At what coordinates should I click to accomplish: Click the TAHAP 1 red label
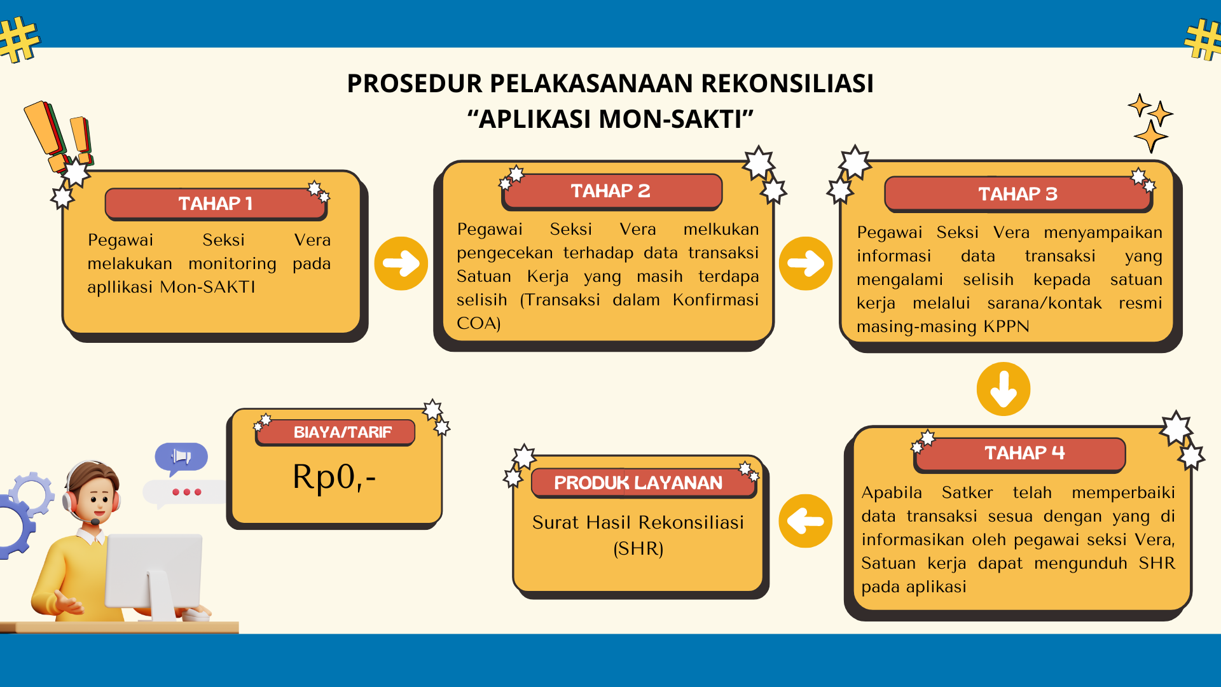click(x=216, y=204)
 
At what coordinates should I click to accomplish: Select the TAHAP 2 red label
click(x=611, y=191)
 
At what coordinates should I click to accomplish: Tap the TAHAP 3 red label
click(x=1018, y=194)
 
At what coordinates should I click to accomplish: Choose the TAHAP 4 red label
click(x=1019, y=454)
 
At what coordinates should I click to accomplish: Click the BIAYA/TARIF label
click(x=335, y=433)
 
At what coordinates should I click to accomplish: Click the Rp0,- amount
click(x=334, y=477)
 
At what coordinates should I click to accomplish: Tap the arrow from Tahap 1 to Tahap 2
click(x=401, y=263)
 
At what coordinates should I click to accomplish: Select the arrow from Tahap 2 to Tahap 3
click(x=806, y=263)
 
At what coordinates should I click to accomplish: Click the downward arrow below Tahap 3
click(x=1004, y=389)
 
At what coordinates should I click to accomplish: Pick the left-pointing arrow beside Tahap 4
click(x=806, y=521)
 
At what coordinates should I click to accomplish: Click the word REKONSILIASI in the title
click(x=787, y=83)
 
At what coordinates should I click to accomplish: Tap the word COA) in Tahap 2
click(x=479, y=323)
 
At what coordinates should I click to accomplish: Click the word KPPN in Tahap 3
click(x=1006, y=326)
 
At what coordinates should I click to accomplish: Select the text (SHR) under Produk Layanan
click(x=638, y=548)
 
